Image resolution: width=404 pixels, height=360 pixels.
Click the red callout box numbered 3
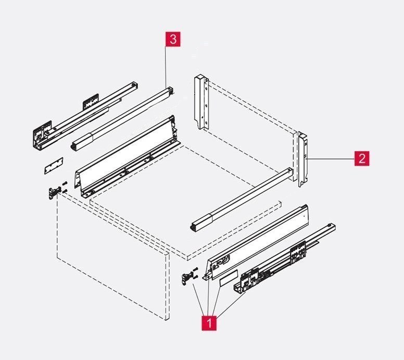[173, 39]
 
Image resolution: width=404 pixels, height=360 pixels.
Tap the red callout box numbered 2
[362, 158]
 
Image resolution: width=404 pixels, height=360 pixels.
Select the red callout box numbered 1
[209, 322]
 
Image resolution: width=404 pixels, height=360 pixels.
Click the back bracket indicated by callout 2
[304, 159]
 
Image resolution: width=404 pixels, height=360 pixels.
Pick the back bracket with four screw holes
[201, 102]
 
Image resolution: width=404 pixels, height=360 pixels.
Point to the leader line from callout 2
[330, 159]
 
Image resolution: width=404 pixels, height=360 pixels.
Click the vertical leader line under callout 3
[166, 67]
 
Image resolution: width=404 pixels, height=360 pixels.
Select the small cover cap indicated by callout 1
[228, 277]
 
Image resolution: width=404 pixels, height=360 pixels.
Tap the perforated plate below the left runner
[54, 166]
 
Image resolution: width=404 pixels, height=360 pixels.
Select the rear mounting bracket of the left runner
[91, 102]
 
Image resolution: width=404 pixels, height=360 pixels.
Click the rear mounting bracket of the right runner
[298, 252]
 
